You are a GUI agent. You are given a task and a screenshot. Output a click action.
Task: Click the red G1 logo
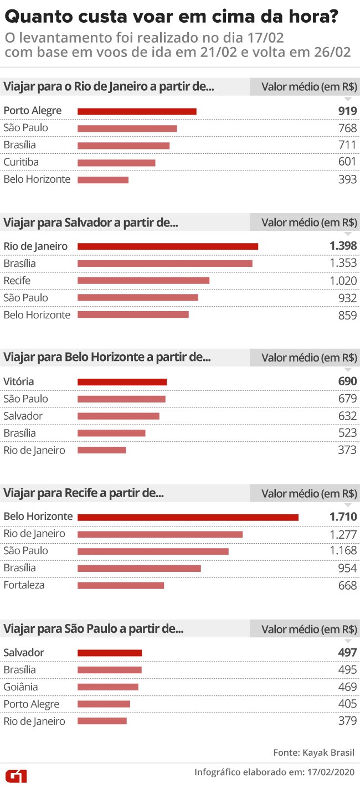[16, 776]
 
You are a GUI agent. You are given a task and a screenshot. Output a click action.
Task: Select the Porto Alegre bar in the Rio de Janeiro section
[137, 111]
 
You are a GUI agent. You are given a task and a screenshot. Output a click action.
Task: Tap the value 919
[347, 111]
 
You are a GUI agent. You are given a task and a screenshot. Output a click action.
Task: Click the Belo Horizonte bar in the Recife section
[188, 517]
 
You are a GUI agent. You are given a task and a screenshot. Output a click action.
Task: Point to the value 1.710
[343, 517]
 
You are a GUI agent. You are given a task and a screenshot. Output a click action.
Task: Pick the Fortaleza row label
[24, 585]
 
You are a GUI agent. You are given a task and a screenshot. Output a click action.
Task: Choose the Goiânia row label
[20, 687]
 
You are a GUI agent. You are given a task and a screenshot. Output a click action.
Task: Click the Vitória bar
[122, 381]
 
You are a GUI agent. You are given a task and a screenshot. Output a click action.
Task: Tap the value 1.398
[343, 246]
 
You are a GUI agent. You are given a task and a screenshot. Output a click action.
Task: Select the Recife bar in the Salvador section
[143, 280]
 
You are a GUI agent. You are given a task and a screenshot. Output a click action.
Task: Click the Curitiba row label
[21, 162]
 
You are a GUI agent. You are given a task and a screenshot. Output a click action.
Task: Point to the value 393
[347, 179]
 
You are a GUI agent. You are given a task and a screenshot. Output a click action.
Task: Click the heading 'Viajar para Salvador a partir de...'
[91, 223]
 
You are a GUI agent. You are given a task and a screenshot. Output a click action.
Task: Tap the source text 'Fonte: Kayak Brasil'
[313, 752]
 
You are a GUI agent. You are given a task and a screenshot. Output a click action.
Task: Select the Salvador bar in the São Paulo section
[110, 653]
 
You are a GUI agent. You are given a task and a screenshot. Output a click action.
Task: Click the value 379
[347, 721]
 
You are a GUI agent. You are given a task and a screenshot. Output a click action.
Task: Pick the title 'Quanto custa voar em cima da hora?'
[172, 17]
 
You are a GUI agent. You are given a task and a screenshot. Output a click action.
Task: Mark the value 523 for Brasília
[347, 433]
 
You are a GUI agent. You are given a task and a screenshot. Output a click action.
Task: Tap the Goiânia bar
[107, 687]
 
